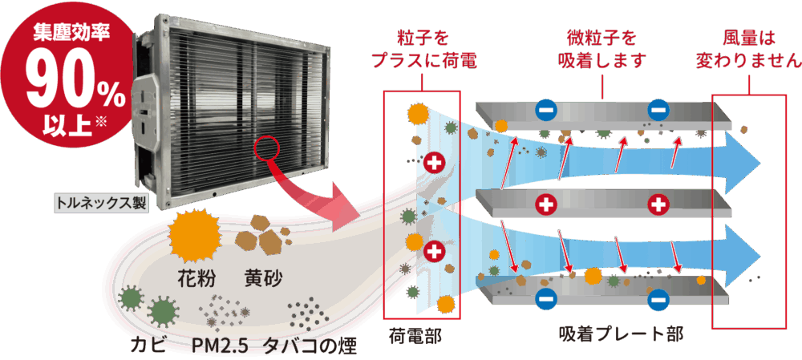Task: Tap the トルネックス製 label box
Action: tap(101, 202)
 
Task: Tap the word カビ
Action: tap(149, 346)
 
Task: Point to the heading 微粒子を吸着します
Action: tap(601, 49)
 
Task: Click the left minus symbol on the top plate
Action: tap(545, 111)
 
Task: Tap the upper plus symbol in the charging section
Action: tap(435, 163)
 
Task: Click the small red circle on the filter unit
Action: tap(266, 148)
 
